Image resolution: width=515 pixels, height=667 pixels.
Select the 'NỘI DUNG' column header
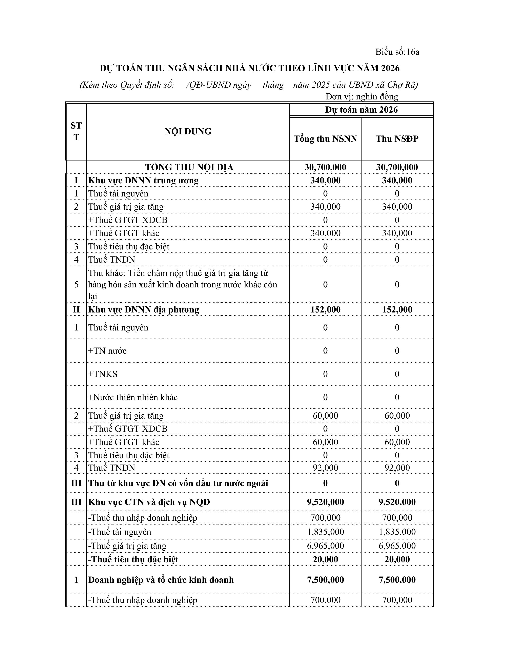[x=188, y=132]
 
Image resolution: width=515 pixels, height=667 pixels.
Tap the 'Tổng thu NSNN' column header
[x=325, y=139]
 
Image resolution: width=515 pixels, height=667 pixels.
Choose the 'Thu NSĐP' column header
[x=397, y=139]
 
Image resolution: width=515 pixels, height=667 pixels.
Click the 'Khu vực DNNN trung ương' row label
[x=143, y=180]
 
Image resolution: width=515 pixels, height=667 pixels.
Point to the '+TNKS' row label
[x=103, y=374]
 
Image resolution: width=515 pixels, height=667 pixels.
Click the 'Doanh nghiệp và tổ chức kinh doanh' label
[x=161, y=580]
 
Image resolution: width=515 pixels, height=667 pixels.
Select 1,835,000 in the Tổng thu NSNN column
[x=325, y=532]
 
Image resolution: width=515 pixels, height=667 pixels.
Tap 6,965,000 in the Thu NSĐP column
[x=397, y=546]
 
